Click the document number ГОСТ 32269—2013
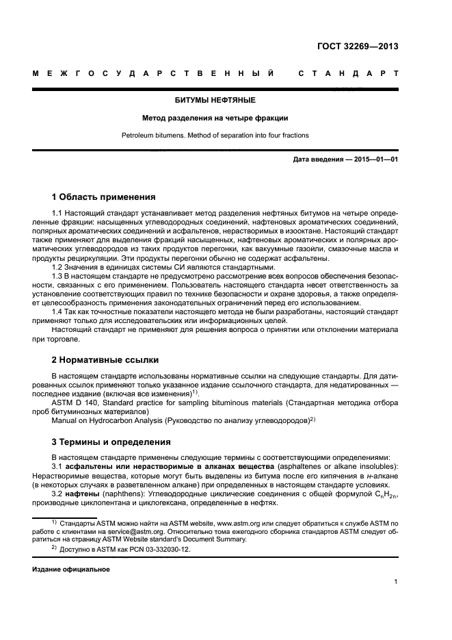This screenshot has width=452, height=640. tap(358, 47)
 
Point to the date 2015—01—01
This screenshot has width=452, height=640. tap(374, 160)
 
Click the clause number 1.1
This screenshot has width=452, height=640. tap(57, 214)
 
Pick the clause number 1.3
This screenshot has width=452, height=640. tap(57, 276)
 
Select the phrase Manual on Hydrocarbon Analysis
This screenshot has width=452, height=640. tap(106, 420)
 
